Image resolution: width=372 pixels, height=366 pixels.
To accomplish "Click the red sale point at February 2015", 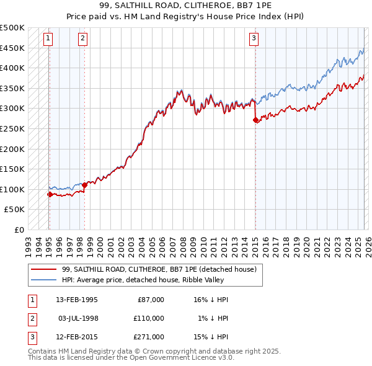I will pyautogui.click(x=255, y=120).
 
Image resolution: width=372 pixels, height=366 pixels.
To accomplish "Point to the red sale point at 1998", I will pyautogui.click(x=84, y=185).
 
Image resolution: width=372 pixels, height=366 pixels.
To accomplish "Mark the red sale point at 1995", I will pyautogui.click(x=50, y=194).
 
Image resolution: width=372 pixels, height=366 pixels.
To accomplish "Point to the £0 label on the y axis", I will pyautogui.click(x=20, y=230).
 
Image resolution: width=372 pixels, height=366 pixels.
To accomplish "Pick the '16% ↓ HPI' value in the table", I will pyautogui.click(x=211, y=300).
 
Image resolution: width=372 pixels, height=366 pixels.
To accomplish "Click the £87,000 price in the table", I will pyautogui.click(x=151, y=300).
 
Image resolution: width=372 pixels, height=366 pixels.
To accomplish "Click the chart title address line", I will pyautogui.click(x=186, y=7).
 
